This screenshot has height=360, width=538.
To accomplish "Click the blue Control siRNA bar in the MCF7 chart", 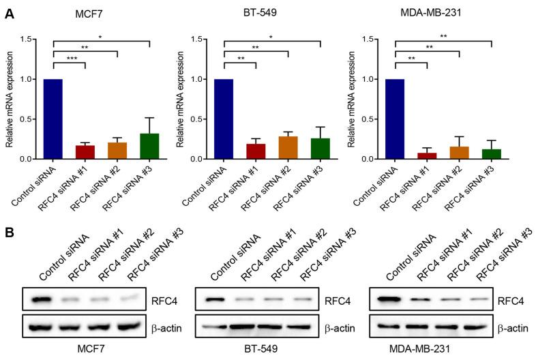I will pos(53,119).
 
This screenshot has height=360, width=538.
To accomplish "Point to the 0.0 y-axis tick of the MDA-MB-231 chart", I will pos(373,159).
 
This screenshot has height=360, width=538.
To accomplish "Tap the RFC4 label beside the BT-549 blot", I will pos(335,299).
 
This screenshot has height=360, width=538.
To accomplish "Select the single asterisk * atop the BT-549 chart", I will pos(271,35).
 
